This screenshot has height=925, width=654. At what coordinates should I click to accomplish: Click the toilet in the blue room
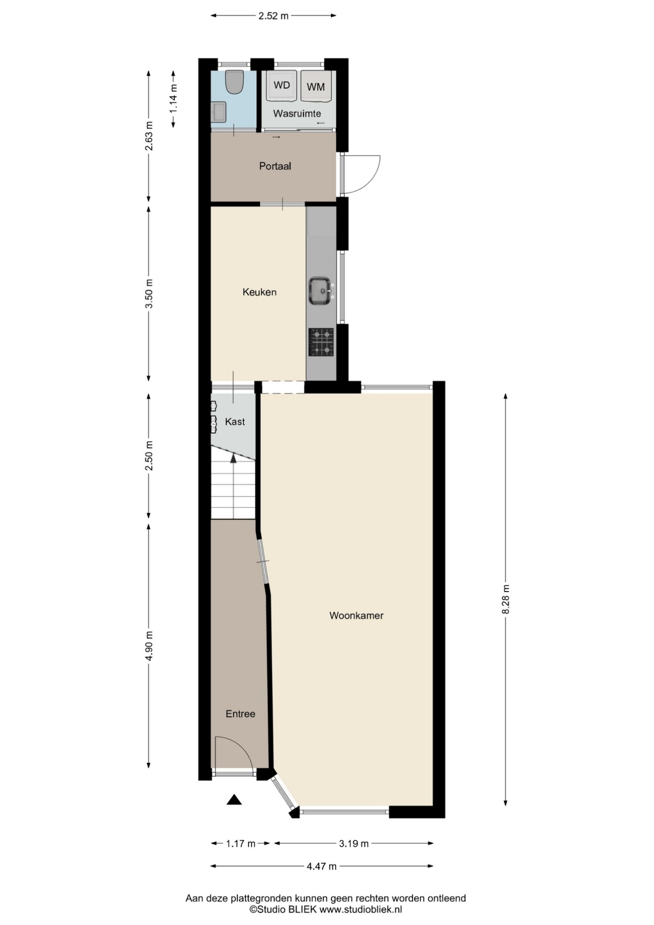pyautogui.click(x=234, y=82)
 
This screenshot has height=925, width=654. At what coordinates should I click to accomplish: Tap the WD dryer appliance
pyautogui.click(x=281, y=86)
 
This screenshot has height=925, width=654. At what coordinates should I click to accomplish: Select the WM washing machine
pyautogui.click(x=316, y=87)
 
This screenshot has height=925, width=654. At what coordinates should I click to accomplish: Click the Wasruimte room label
pyautogui.click(x=297, y=113)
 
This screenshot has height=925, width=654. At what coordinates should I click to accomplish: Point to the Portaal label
pyautogui.click(x=275, y=166)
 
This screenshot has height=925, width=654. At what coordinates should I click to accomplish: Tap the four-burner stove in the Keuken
pyautogui.click(x=321, y=342)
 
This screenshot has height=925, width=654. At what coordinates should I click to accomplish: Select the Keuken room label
pyautogui.click(x=260, y=292)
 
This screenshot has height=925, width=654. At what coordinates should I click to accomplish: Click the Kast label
pyautogui.click(x=235, y=422)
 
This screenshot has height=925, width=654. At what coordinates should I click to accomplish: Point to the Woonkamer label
pyautogui.click(x=357, y=615)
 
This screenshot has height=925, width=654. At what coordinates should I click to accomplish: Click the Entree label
pyautogui.click(x=240, y=714)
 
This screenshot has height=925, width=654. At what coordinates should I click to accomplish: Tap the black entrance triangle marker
pyautogui.click(x=234, y=800)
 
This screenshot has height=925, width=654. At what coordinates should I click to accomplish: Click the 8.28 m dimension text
pyautogui.click(x=506, y=599)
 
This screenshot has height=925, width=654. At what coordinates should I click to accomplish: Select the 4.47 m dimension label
pyautogui.click(x=322, y=866)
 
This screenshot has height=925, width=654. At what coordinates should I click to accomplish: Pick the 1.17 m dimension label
pyautogui.click(x=241, y=844)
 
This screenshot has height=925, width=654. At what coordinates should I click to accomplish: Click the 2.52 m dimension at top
pyautogui.click(x=273, y=16)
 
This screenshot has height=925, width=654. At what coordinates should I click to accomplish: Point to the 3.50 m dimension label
pyautogui.click(x=149, y=294)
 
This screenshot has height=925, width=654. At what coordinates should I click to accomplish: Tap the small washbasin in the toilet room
pyautogui.click(x=218, y=112)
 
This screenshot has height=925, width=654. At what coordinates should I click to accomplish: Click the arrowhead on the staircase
pyautogui.click(x=233, y=458)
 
